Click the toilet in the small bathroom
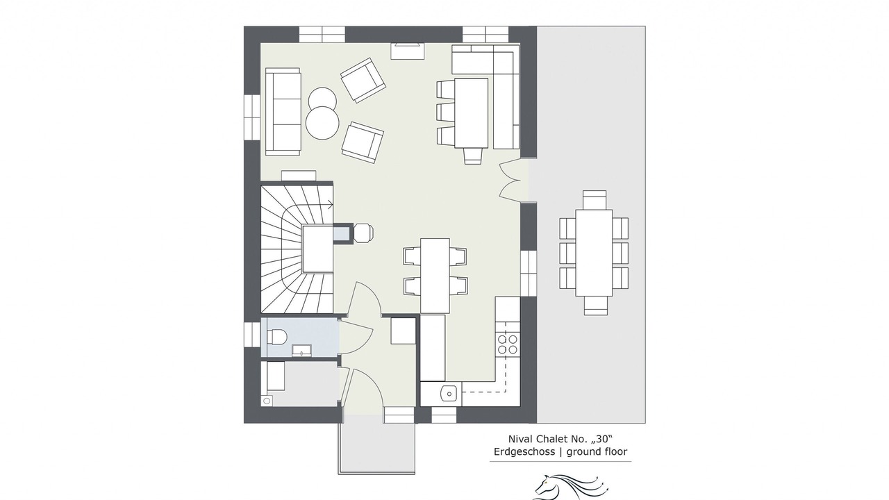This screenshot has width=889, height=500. pos(276,337)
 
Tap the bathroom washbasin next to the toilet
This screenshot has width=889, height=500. pos(301,351)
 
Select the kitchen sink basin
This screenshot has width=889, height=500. pos(449,394)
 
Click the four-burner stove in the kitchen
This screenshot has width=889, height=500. pos(508,344)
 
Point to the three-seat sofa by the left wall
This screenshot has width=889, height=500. pos(283,112)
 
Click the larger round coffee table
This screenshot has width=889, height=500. pos(322,123)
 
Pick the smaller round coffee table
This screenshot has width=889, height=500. pos(322,99)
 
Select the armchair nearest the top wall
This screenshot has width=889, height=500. pos(363,81)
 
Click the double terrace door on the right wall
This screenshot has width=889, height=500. pos(510,180)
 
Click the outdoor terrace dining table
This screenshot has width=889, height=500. pos(594,253)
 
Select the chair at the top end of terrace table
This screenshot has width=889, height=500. pos(595,200)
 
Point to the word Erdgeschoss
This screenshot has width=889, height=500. pos(524,451)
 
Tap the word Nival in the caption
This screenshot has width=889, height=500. pos(521,439)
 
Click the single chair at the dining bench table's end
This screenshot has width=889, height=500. pos(473,156)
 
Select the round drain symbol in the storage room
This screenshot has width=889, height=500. pos(267,401)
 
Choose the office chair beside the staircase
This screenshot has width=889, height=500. pos(363,233)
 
